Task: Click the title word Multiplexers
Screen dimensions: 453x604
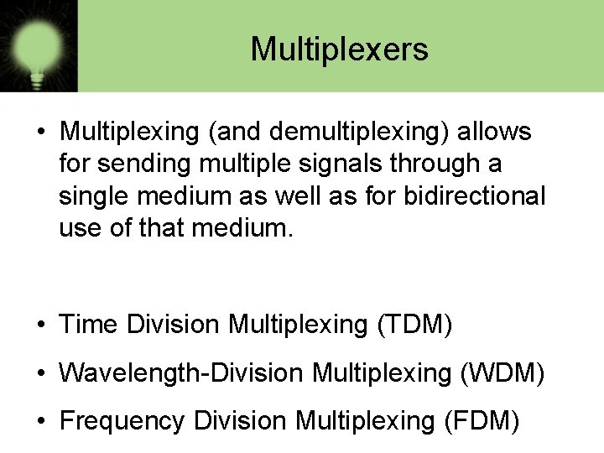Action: (x=339, y=49)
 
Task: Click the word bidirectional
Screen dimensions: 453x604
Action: (x=475, y=196)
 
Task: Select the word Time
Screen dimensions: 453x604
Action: (x=89, y=325)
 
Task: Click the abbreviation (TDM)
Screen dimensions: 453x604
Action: (x=414, y=325)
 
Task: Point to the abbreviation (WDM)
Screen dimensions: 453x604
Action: (x=502, y=372)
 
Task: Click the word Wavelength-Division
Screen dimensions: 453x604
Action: (x=181, y=372)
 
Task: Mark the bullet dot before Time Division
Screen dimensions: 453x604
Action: (x=41, y=325)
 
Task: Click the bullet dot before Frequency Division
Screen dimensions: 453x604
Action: (x=41, y=421)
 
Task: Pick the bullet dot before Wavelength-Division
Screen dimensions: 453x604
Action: (x=41, y=373)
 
